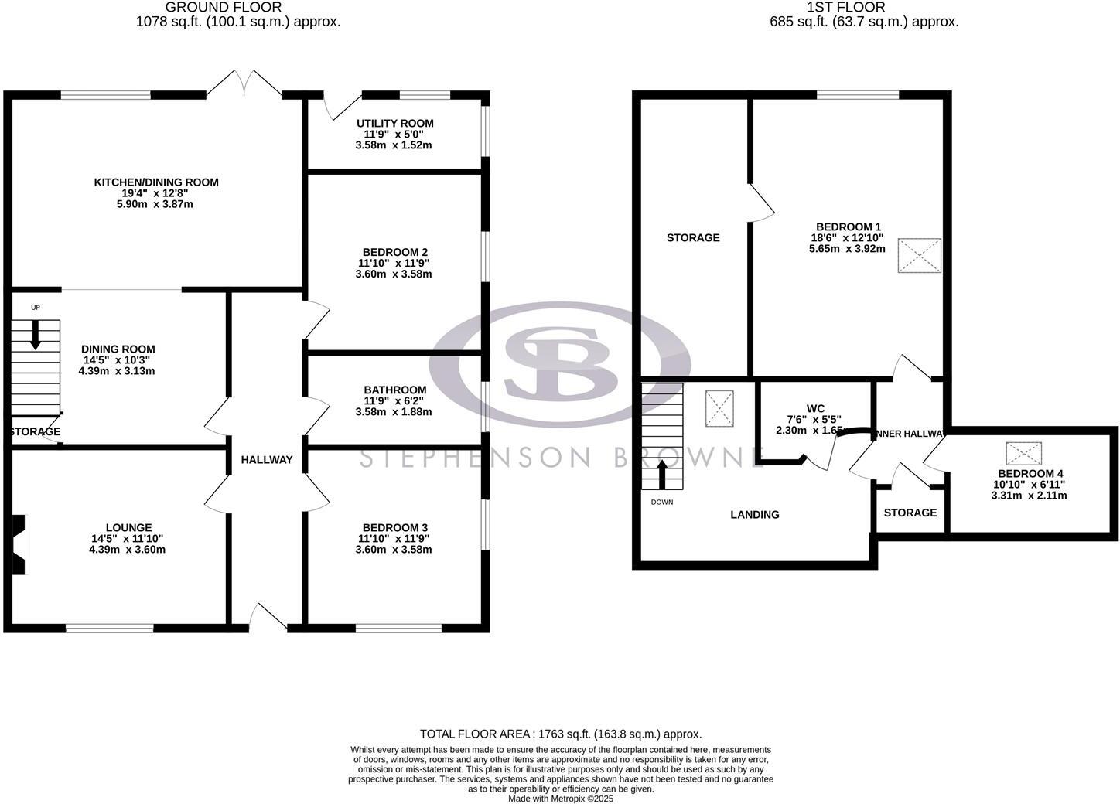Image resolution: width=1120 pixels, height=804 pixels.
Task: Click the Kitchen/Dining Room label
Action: (156, 182)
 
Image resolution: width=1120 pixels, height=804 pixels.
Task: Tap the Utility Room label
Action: (394, 123)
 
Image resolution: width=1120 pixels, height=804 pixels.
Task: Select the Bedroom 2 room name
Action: (394, 252)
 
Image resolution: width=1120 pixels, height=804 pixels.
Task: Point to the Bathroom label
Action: (394, 390)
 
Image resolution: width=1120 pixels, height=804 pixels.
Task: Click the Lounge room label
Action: (128, 528)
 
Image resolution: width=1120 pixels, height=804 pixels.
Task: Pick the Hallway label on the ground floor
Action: (267, 459)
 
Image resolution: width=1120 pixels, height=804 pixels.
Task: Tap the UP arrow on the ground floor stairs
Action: (36, 334)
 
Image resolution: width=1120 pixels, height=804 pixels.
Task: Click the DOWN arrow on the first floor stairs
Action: (662, 475)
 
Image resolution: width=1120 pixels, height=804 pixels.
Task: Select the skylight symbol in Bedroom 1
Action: (919, 256)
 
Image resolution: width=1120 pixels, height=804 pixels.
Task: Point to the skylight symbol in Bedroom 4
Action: (1023, 454)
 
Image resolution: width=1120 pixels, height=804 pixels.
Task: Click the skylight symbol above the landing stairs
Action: (719, 408)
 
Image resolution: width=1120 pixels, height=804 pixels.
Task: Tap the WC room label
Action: (815, 408)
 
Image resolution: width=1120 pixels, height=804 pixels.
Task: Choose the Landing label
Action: (754, 514)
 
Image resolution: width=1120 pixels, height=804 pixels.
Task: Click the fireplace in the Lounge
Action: (20, 544)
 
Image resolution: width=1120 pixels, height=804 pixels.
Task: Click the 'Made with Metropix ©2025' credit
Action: (560, 799)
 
